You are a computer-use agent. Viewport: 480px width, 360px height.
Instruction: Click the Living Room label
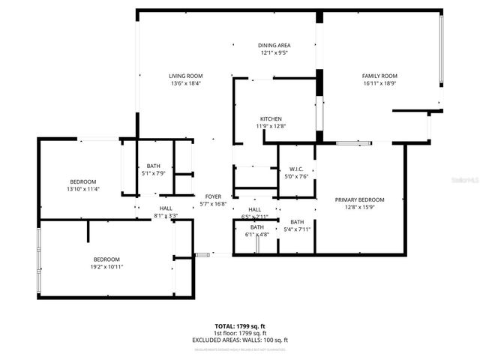click(x=185, y=76)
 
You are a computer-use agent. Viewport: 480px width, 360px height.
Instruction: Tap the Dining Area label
click(x=274, y=45)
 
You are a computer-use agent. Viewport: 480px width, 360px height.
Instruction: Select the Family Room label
click(x=379, y=76)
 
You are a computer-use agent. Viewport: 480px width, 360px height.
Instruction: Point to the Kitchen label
click(x=271, y=119)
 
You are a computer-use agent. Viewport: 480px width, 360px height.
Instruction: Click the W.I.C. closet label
click(x=294, y=168)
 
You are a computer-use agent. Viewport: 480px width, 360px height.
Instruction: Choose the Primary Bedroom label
click(x=359, y=199)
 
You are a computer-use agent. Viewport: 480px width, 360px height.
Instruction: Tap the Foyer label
click(x=213, y=196)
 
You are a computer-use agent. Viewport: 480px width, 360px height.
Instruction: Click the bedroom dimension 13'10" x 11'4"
click(x=82, y=189)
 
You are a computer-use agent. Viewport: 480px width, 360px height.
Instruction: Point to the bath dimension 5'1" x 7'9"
click(x=153, y=173)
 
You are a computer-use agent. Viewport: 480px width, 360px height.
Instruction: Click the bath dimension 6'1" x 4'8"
click(x=257, y=234)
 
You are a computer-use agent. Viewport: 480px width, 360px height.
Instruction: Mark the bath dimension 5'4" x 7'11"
click(x=297, y=229)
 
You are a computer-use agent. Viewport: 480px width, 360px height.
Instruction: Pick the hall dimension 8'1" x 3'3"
click(x=166, y=215)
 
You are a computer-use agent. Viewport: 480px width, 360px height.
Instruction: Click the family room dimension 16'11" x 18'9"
click(x=379, y=83)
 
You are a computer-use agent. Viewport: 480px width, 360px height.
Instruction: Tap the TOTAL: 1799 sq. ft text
click(x=239, y=326)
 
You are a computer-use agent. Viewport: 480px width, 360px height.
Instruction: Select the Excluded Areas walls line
click(x=239, y=340)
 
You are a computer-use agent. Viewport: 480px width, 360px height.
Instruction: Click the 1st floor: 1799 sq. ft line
click(x=239, y=333)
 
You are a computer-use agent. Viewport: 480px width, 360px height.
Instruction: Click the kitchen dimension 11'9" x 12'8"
click(x=271, y=127)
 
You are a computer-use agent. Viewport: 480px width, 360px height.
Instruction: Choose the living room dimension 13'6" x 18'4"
click(x=185, y=83)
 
